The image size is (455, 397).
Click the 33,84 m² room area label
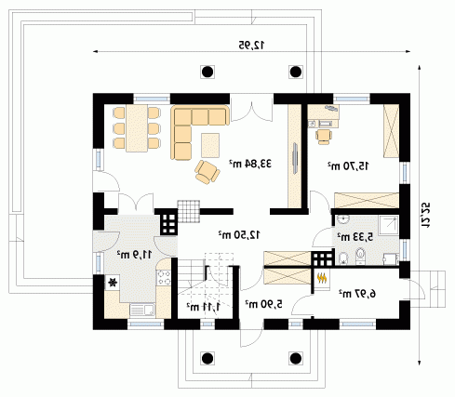[x=250, y=164]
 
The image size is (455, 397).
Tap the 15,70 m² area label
[x=349, y=165]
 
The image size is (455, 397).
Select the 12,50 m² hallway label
[x=239, y=235]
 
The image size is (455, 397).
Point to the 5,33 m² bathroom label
[x=355, y=237]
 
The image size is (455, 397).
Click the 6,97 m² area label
[x=357, y=293]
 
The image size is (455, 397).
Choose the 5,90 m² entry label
[x=264, y=304]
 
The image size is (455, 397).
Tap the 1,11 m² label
[x=203, y=307]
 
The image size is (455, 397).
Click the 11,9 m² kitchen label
[x=134, y=255]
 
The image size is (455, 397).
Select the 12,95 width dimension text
[x=251, y=46]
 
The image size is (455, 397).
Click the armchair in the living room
[x=207, y=172]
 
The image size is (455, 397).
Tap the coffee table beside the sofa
[x=210, y=145]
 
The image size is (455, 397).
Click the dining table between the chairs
[x=137, y=128]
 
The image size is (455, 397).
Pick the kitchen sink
[x=142, y=310]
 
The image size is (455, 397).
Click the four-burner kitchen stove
[x=164, y=277]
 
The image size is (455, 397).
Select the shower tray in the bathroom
[x=388, y=225]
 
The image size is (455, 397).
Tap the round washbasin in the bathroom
[x=343, y=219]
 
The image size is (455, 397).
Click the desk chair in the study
[x=324, y=137]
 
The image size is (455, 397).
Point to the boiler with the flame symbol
[x=322, y=279]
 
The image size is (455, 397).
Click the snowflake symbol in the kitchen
[x=112, y=283]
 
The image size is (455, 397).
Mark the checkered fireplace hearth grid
[x=189, y=211]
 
